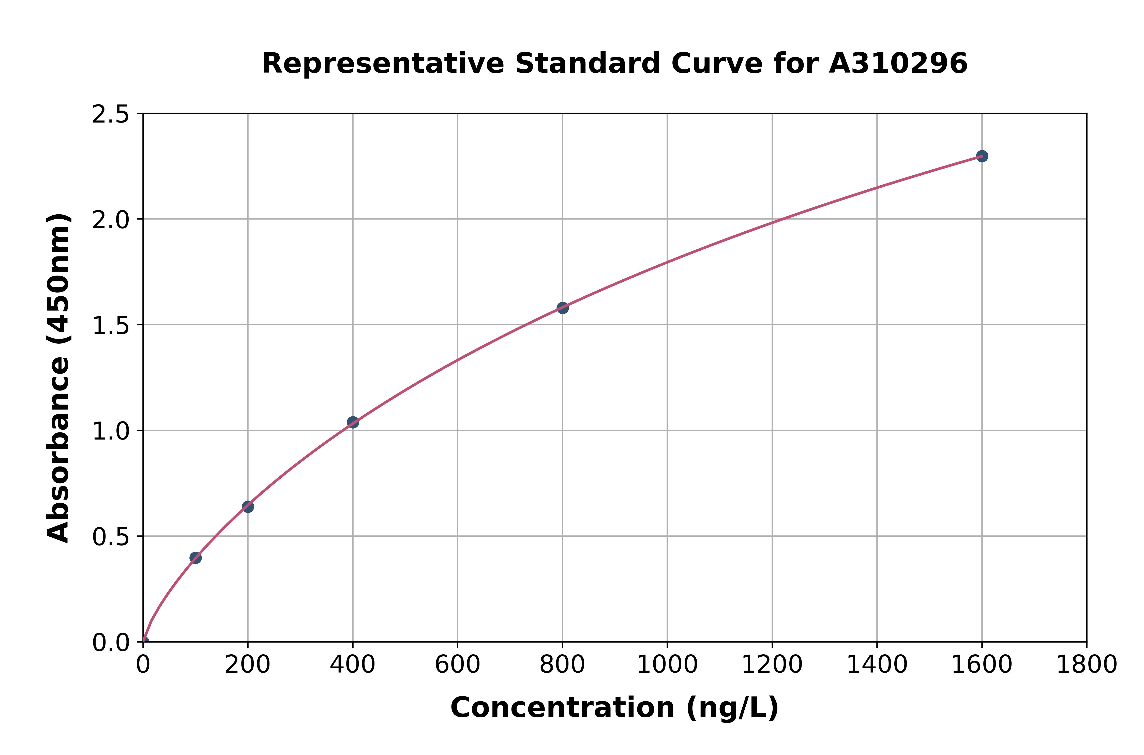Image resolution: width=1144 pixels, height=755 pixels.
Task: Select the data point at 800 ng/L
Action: point(562,308)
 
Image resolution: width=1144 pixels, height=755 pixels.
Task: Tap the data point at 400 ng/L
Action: point(352,422)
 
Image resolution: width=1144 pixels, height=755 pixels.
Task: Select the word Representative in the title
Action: point(383,64)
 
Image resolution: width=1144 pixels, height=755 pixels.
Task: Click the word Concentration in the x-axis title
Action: point(562,708)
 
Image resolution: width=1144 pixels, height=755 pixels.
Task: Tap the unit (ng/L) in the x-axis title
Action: point(732,708)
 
